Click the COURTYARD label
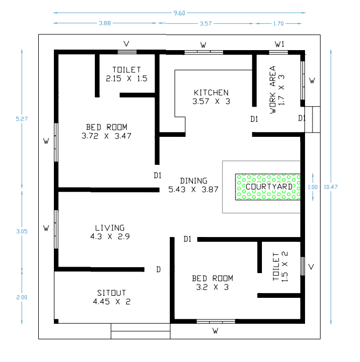pyautogui.click(x=269, y=187)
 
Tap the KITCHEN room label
pyautogui.click(x=211, y=93)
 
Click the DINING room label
pyautogui.click(x=193, y=181)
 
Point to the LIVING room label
pyautogui.click(x=109, y=228)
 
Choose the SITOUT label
pyautogui.click(x=112, y=294)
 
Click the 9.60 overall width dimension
pyautogui.click(x=179, y=13)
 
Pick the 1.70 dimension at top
pyautogui.click(x=279, y=24)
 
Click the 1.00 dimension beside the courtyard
pyautogui.click(x=313, y=187)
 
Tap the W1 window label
pyautogui.click(x=279, y=44)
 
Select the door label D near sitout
pyautogui.click(x=158, y=269)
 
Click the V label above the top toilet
pyautogui.click(x=127, y=44)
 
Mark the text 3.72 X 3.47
pyautogui.click(x=106, y=136)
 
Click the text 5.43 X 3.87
pyautogui.click(x=193, y=190)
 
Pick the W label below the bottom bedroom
pyautogui.click(x=215, y=330)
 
